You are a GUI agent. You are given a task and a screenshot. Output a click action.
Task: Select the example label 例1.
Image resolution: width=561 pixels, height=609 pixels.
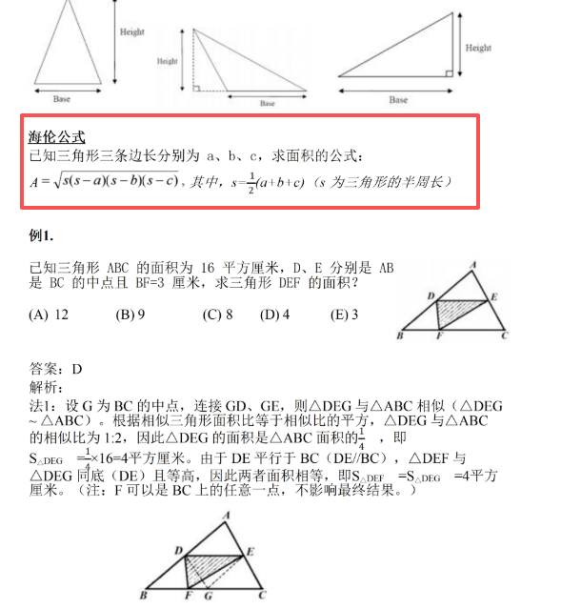click(x=42, y=234)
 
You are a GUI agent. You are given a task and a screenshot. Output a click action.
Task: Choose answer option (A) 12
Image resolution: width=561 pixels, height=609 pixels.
click(x=49, y=315)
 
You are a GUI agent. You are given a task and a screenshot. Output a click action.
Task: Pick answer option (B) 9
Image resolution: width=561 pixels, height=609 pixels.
click(x=130, y=315)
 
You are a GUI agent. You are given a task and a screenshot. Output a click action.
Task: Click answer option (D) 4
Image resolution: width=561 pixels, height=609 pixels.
click(x=274, y=315)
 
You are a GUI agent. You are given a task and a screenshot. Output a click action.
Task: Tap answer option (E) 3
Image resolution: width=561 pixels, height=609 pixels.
click(x=344, y=315)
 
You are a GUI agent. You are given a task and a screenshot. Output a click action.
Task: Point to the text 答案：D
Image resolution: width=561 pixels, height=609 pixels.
click(x=56, y=370)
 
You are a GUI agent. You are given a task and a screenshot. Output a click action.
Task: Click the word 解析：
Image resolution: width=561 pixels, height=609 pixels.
click(x=48, y=387)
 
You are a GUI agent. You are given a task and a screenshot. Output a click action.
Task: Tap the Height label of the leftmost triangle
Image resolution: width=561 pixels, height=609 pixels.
click(x=131, y=32)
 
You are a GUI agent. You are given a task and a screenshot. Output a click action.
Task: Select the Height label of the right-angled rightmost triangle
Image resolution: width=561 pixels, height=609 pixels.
click(x=478, y=48)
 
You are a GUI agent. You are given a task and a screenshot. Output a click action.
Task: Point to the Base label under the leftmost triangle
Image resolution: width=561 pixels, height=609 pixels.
click(x=62, y=99)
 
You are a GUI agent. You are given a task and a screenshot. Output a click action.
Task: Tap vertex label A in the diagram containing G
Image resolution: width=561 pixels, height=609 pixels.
click(x=225, y=516)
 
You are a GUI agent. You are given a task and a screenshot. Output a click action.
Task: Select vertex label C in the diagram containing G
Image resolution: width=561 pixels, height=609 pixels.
click(x=263, y=597)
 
